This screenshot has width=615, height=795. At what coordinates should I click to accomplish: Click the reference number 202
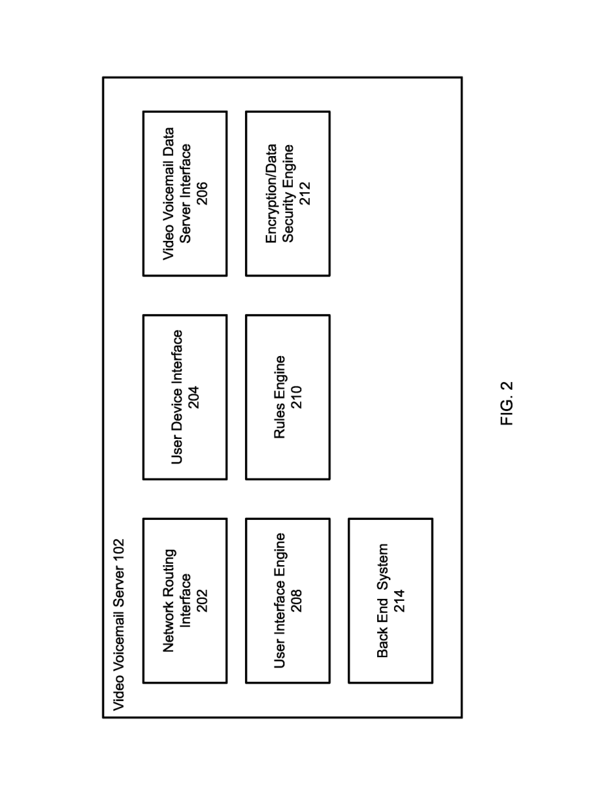point(202,601)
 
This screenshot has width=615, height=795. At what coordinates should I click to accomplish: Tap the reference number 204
point(193,397)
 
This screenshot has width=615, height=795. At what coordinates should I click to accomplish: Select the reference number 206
point(202,194)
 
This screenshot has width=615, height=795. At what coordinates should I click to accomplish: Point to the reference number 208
point(296,601)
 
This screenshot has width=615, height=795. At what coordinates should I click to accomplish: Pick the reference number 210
point(296,397)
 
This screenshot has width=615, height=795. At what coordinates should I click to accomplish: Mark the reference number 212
point(305,194)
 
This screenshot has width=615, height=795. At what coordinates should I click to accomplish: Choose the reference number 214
point(399,601)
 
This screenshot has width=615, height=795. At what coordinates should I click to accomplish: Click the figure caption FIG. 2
point(507,403)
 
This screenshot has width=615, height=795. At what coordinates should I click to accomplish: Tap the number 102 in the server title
point(119,551)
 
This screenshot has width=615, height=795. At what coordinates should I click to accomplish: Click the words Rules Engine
point(280,397)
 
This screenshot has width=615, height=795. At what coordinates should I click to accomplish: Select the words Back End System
point(382,601)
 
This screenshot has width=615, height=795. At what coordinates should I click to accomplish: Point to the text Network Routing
point(169,601)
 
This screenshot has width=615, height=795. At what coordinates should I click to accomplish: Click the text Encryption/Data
point(272,194)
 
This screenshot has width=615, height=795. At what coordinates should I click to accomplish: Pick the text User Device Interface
point(177,397)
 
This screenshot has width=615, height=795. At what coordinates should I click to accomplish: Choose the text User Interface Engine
point(280,601)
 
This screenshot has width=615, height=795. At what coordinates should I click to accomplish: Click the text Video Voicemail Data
point(168,194)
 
